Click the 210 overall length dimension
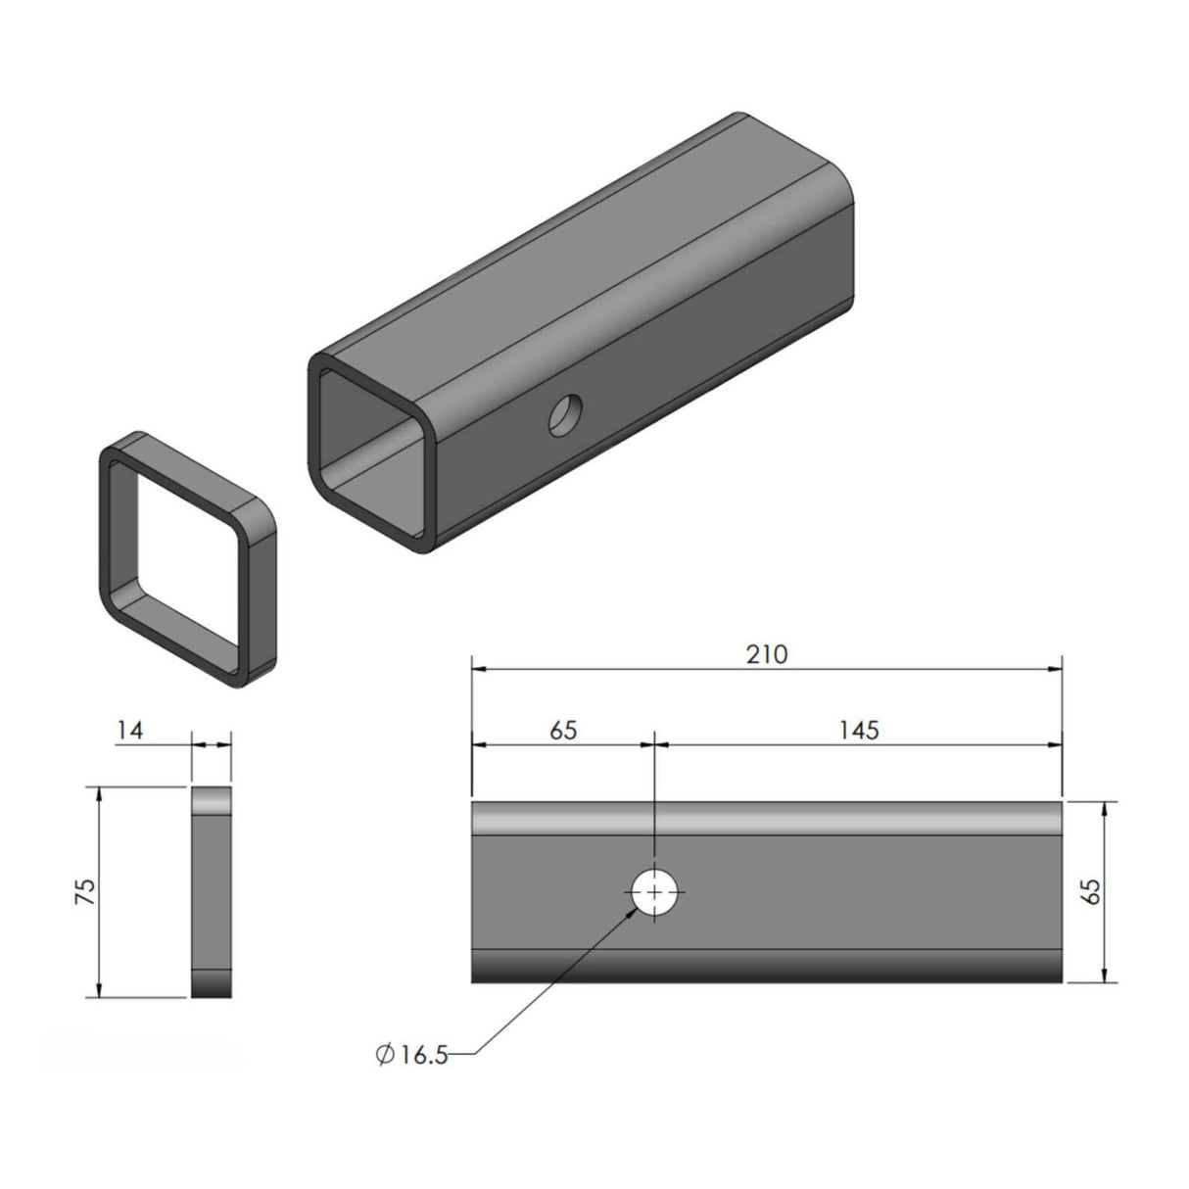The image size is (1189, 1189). pos(766,654)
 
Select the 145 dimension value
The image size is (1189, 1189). pos(858,730)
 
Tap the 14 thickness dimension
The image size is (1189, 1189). pos(130,730)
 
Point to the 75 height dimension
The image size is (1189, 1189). pos(85,890)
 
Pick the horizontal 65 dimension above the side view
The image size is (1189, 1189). pos(563,730)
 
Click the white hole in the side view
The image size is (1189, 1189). pos(655,891)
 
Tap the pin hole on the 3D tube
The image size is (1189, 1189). pos(565,415)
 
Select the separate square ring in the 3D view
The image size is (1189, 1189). pos(186,558)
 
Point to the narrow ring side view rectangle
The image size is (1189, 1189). pos(212,891)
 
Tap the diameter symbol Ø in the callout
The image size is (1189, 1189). pos(385,1055)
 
